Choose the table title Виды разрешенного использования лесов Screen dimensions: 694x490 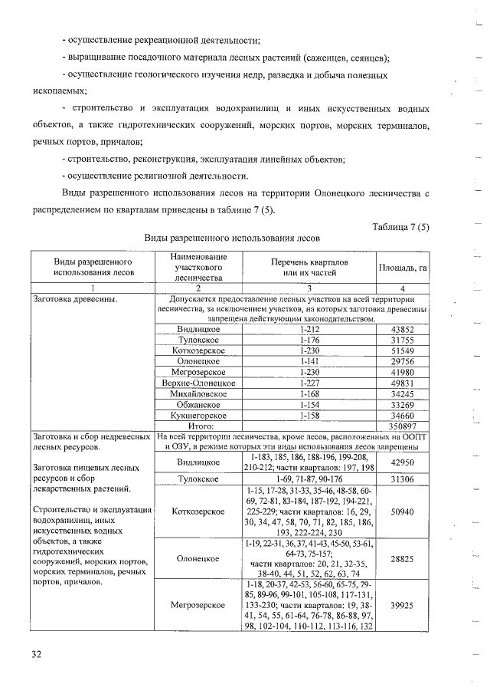227,238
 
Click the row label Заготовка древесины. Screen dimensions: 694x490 74,299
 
